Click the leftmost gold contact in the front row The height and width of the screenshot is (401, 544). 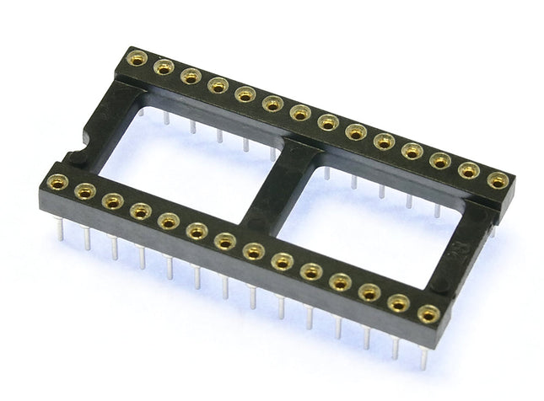pyautogui.click(x=57, y=182)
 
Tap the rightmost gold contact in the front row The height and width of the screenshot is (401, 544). pyautogui.click(x=428, y=313)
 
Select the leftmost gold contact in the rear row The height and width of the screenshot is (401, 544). pyautogui.click(x=136, y=59)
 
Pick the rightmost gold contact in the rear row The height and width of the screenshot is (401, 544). pyautogui.click(x=498, y=179)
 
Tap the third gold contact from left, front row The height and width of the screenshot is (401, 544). pyautogui.click(x=113, y=201)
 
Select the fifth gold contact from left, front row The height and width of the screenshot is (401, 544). pyautogui.click(x=169, y=221)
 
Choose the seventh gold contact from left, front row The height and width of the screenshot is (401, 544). pyautogui.click(x=224, y=241)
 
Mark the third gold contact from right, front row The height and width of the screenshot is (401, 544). pyautogui.click(x=369, y=292)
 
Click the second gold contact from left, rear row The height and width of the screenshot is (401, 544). pyautogui.click(x=163, y=67)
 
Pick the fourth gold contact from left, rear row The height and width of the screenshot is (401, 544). pyautogui.click(x=218, y=85)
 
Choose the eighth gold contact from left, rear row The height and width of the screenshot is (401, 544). pyautogui.click(x=328, y=122)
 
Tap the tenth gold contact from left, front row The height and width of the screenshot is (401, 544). pyautogui.click(x=311, y=271)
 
